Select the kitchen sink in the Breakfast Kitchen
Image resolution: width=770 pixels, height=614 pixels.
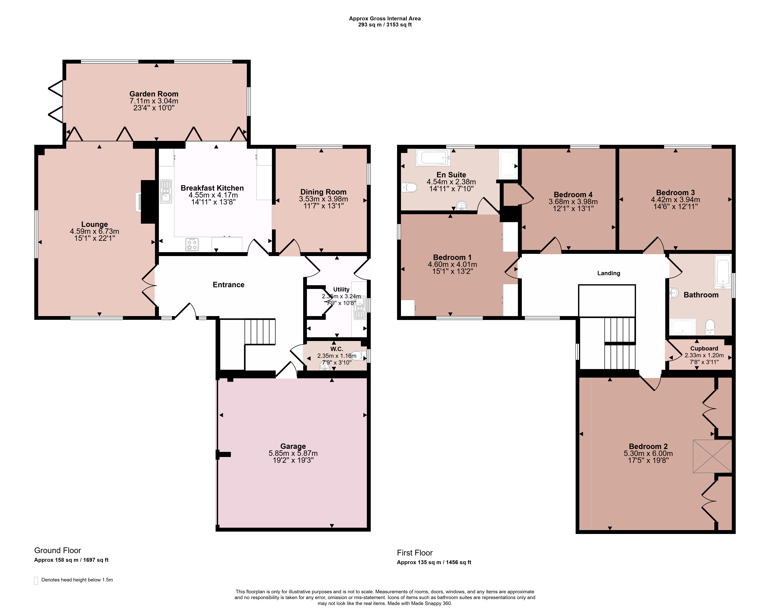pos(166,191)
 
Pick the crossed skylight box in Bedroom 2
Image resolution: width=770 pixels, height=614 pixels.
pos(712,456)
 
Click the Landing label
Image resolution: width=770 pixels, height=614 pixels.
pos(609,273)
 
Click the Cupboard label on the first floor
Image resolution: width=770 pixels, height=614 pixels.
pos(704,349)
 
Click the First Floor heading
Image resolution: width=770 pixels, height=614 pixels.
pos(415,553)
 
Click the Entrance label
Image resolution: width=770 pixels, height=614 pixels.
pos(228,285)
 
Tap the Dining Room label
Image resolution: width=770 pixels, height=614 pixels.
pos(323,192)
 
